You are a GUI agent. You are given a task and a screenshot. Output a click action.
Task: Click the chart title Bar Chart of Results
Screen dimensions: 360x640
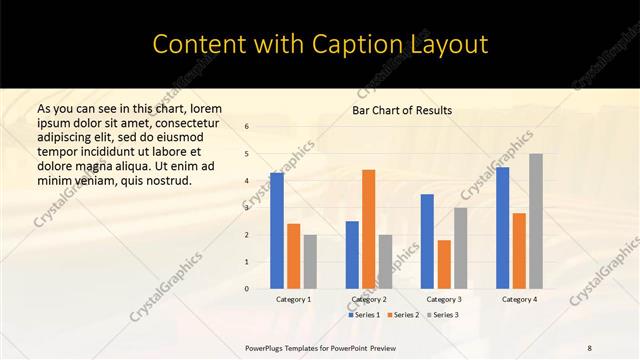click(402, 110)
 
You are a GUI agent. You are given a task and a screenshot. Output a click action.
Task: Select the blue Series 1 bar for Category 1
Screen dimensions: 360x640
click(277, 231)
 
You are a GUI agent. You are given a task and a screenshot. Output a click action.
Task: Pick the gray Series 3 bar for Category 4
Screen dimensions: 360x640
click(536, 221)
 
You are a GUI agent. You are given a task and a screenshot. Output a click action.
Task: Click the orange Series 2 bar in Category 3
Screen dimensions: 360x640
click(444, 264)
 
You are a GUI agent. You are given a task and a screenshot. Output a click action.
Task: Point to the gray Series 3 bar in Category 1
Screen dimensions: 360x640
click(310, 262)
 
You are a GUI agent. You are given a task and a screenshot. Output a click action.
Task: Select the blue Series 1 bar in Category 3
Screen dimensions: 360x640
click(427, 241)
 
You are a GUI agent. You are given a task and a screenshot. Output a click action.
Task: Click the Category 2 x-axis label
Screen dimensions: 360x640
click(368, 299)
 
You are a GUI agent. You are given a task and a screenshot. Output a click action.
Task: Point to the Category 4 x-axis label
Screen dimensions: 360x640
click(519, 299)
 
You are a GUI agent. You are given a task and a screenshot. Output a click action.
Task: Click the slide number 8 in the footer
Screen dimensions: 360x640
click(590, 347)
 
